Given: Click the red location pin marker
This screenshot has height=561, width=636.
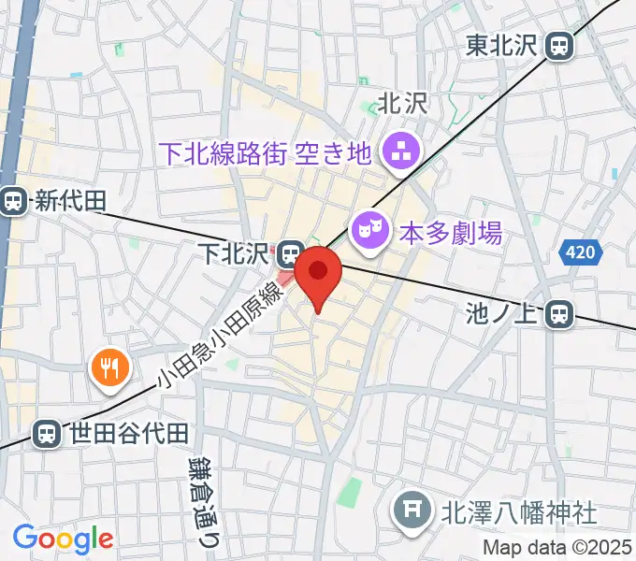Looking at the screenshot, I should point(318,274).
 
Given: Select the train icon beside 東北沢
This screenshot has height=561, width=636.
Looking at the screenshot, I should point(559,44).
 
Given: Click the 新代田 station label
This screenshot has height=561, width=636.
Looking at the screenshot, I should point(71,200).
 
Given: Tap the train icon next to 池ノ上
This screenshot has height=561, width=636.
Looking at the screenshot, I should point(559,314).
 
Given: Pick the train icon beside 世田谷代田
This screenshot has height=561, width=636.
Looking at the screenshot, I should point(44,433).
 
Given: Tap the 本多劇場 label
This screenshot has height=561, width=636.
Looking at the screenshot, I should point(451,231).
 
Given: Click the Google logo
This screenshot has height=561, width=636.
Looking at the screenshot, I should point(63,539).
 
